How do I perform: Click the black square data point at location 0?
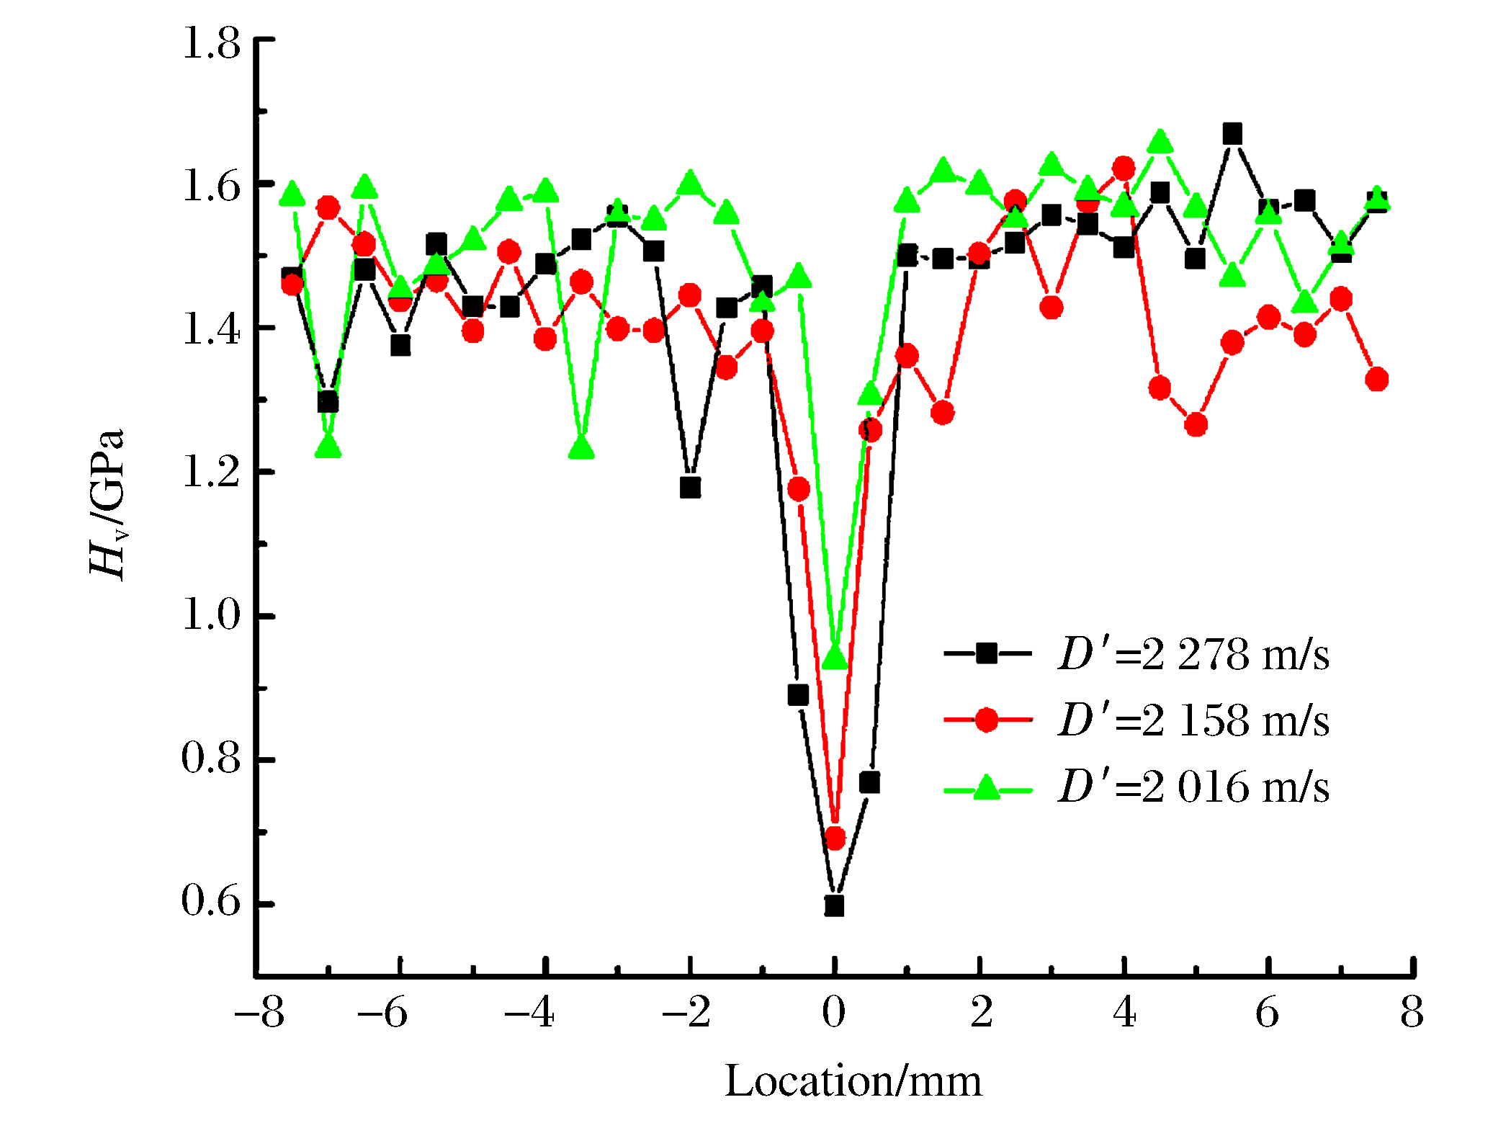pyautogui.click(x=834, y=905)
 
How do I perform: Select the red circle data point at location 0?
pyautogui.click(x=835, y=838)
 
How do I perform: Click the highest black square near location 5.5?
pyautogui.click(x=1232, y=134)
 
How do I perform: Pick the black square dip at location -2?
pyautogui.click(x=690, y=488)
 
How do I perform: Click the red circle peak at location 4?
pyautogui.click(x=1124, y=169)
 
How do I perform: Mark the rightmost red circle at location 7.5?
pyautogui.click(x=1376, y=380)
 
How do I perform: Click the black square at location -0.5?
pyautogui.click(x=798, y=695)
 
